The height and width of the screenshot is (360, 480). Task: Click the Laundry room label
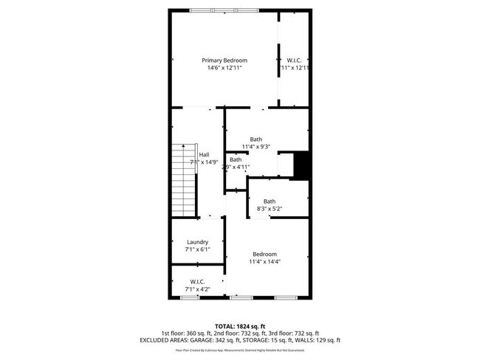pyautogui.click(x=197, y=242)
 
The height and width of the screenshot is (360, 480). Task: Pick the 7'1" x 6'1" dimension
pyautogui.click(x=197, y=250)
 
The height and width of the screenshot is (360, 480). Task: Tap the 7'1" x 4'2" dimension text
pyautogui.click(x=197, y=289)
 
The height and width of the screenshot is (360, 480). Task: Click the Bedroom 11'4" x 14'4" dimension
pyautogui.click(x=265, y=261)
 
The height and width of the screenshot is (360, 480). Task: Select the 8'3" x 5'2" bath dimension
pyautogui.click(x=270, y=210)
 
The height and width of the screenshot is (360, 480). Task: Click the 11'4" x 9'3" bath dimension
pyautogui.click(x=256, y=147)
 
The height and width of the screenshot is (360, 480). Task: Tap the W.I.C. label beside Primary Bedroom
pyautogui.click(x=293, y=60)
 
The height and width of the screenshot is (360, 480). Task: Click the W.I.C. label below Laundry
pyautogui.click(x=197, y=281)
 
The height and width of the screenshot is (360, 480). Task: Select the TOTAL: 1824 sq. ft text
pyautogui.click(x=239, y=325)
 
